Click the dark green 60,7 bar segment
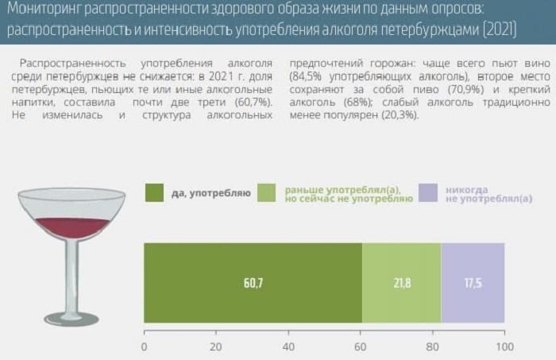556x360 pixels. point(253,283)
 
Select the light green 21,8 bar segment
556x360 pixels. point(401,283)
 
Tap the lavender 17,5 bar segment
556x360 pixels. point(473,283)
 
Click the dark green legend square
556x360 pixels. point(154,193)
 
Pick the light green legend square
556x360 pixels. point(268,193)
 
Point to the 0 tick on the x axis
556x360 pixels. point(144,346)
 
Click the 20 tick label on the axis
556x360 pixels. point(216,346)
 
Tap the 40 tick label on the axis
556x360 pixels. point(288,346)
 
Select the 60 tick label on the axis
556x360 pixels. point(361,346)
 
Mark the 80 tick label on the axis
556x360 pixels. point(433,346)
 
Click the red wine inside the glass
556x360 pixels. point(72,226)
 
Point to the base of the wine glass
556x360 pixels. point(71,319)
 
